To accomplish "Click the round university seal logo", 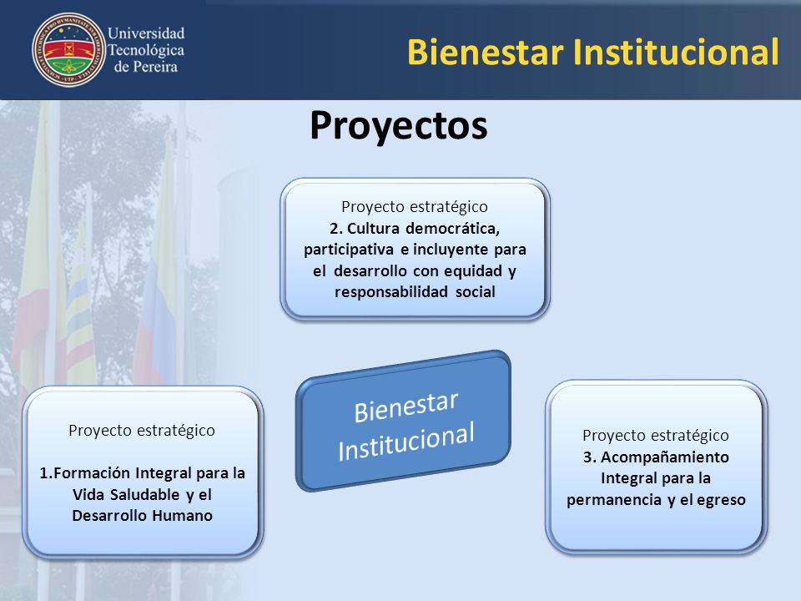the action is tap(68, 50).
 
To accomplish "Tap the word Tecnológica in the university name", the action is tap(146, 50).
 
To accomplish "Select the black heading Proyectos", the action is tap(399, 126).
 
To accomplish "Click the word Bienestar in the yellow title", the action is tap(486, 52).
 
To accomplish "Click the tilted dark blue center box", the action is tap(403, 421).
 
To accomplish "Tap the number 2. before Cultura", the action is tap(335, 228).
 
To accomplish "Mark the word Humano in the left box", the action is tap(183, 516).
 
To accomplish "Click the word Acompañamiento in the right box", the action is tap(665, 457).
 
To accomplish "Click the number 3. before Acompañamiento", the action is tap(590, 457).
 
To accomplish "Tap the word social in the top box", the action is tap(475, 292).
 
